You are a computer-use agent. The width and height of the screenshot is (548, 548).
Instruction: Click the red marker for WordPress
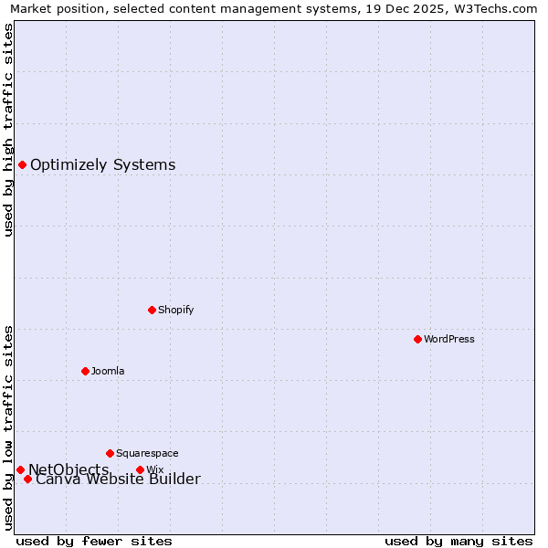pos(417,339)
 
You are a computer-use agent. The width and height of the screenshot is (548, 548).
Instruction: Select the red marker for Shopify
pos(152,310)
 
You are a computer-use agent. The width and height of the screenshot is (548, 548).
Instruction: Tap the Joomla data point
pos(85,371)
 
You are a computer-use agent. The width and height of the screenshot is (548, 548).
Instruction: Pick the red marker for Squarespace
pos(110,453)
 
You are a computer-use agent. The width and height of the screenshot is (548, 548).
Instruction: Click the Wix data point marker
pos(140,469)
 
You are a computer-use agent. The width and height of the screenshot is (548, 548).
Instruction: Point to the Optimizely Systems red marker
pos(22,164)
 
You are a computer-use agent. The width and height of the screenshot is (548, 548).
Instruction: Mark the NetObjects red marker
pos(20,469)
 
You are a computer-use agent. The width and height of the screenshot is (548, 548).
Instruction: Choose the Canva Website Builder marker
pos(27,479)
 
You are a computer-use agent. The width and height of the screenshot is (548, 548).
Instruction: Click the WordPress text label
pos(448,339)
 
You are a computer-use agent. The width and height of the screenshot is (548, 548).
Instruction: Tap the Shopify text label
pos(175,310)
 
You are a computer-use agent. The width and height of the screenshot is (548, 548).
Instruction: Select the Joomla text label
pos(107,371)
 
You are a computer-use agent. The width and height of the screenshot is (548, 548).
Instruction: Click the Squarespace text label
pos(147,453)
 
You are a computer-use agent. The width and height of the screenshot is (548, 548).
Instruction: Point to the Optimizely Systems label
pos(102,165)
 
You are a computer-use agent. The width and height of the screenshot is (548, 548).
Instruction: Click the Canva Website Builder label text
pos(118,479)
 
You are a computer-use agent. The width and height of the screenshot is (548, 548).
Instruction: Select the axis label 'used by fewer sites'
pos(94,541)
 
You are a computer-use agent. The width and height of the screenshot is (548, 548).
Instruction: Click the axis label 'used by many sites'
pos(458,541)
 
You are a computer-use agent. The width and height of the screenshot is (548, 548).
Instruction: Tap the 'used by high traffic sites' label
pos(8,130)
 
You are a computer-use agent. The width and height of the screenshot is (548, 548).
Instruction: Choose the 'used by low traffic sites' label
pos(8,427)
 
